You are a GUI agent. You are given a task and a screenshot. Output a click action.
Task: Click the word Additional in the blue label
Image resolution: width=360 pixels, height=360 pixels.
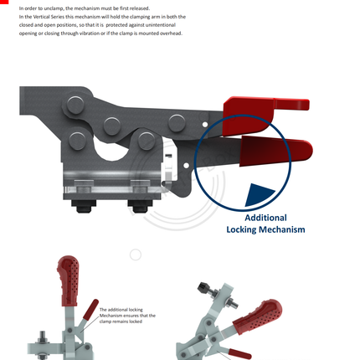pos(265,218)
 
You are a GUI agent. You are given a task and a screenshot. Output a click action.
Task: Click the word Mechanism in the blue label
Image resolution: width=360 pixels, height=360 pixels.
pos(282,229)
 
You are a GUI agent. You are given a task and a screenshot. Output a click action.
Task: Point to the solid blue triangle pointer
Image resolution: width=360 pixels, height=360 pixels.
pos(259,195)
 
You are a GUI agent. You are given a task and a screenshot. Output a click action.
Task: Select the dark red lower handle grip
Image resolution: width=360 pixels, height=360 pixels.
pos(275,151)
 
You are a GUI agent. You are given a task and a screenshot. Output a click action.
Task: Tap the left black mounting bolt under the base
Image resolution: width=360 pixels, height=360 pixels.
pos(84,206)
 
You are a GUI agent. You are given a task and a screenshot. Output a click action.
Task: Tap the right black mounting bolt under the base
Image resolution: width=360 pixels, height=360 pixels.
pos(140,206)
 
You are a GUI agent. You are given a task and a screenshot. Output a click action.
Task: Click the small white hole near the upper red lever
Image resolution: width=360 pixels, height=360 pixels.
pos(205,124)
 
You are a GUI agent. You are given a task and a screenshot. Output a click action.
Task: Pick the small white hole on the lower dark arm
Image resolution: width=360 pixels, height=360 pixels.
pos(186,166)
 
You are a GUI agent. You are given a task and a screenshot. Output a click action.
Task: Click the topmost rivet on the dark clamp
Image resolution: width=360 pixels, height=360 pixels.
pos(75,105)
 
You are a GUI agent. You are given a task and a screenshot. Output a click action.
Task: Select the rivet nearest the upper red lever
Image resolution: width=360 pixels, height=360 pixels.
pos(177,123)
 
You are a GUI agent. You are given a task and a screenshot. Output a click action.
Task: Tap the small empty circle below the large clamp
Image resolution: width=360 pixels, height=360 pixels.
pos(136,255)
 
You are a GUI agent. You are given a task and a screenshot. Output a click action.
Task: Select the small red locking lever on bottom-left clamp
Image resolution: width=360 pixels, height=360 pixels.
pos(90,310)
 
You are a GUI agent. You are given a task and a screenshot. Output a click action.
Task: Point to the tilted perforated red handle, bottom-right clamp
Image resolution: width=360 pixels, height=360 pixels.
pos(257,316)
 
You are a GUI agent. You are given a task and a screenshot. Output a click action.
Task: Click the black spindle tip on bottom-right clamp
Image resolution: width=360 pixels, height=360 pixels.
pos(203,287)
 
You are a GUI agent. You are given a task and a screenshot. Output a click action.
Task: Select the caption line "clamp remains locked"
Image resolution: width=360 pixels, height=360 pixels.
pos(121,321)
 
